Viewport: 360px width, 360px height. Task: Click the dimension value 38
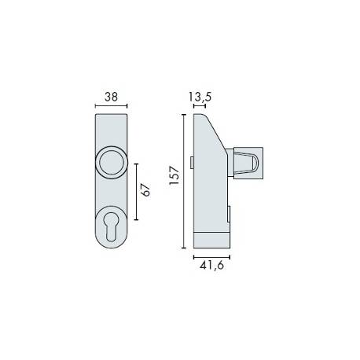(111, 97)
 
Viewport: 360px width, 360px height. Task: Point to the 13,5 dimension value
(200, 97)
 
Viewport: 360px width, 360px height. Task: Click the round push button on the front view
(111, 163)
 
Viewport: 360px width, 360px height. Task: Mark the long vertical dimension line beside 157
(185, 181)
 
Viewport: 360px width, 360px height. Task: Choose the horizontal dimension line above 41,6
(211, 256)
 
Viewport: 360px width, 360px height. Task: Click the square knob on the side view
(246, 163)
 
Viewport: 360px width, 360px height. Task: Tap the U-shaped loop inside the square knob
(246, 163)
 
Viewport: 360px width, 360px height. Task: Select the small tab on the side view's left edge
(192, 161)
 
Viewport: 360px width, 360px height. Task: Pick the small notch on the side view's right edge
(230, 214)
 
